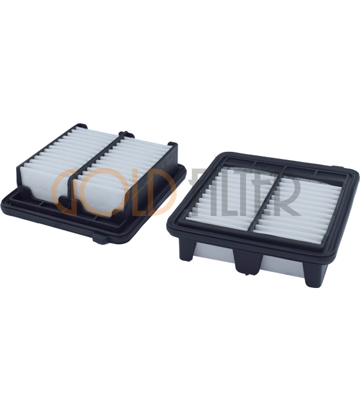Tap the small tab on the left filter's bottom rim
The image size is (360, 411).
coord(100,239)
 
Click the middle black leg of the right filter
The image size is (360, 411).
coord(249,262)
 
